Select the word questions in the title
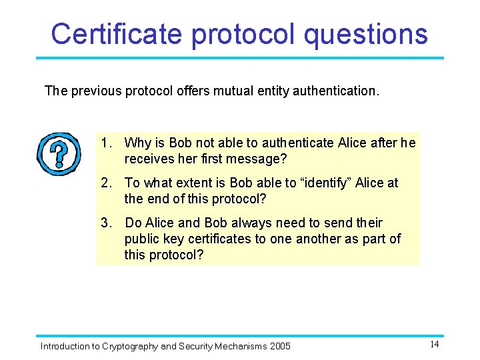pyautogui.click(x=365, y=33)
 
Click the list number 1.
pyautogui.click(x=105, y=143)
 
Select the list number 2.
pyautogui.click(x=105, y=183)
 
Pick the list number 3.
pyautogui.click(x=105, y=223)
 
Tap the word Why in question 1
pyautogui.click(x=137, y=143)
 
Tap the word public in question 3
pyautogui.click(x=142, y=239)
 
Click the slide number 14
pyautogui.click(x=434, y=344)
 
